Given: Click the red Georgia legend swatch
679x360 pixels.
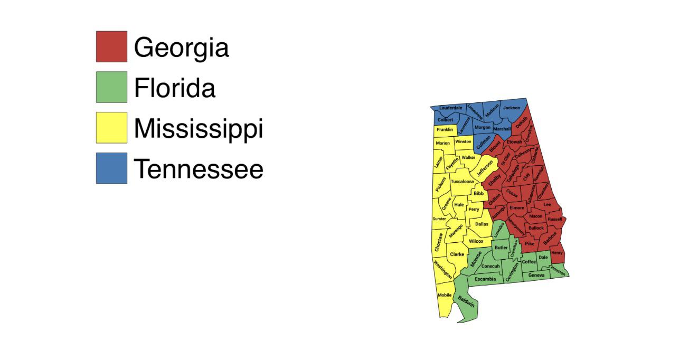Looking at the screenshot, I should tap(111, 46).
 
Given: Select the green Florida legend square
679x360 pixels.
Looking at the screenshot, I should tap(111, 87).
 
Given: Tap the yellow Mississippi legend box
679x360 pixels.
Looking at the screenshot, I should tap(111, 127).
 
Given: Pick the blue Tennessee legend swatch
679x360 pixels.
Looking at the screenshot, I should tap(111, 168).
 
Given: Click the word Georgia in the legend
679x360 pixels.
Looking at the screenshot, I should tap(181, 47).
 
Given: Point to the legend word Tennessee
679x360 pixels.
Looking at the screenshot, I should tap(199, 169).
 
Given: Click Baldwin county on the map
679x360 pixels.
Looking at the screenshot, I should tap(466, 302).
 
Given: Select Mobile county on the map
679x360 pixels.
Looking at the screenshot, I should tap(445, 295).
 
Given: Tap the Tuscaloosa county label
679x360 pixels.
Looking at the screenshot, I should tap(462, 181).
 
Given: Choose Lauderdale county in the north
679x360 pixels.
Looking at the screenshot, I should tap(450, 108).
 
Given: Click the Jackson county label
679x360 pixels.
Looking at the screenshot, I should tap(511, 108).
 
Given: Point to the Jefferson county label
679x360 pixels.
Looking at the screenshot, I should tap(484, 168).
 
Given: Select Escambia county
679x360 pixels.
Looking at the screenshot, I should tap(485, 279).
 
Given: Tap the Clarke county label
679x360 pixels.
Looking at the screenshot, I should tap(457, 254).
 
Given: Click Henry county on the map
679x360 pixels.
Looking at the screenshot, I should tap(557, 253).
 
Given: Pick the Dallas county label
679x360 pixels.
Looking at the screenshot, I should tap(482, 224).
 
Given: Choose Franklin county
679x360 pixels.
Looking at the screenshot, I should tap(445, 129).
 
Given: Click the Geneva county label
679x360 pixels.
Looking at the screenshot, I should tap(536, 275).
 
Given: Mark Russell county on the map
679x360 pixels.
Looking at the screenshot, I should tap(554, 219).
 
